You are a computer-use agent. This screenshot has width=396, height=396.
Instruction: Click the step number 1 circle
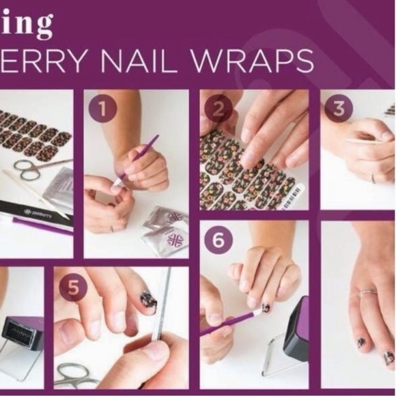pyautogui.click(x=102, y=109)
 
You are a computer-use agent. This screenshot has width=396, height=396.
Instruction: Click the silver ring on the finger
pyautogui.click(x=368, y=292)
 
